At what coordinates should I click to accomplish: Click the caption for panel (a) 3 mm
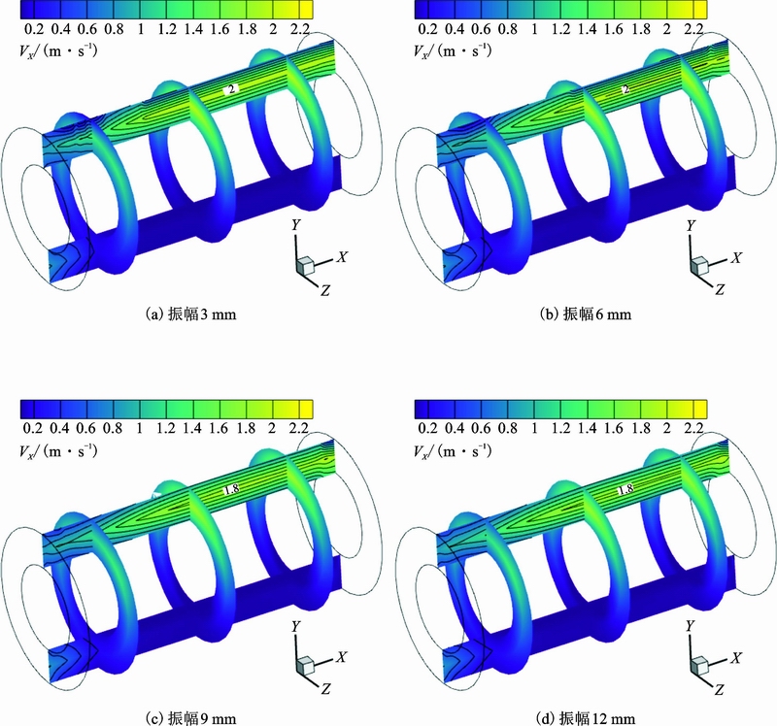(x=190, y=313)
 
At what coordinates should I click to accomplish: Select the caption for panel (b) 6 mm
(x=586, y=313)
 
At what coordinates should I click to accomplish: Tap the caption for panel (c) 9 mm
(x=190, y=718)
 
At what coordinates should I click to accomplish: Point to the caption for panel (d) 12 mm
(x=586, y=718)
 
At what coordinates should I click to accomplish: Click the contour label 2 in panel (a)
(x=231, y=89)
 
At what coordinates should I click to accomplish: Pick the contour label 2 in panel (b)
(x=626, y=89)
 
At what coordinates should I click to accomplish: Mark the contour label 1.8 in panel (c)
(x=232, y=489)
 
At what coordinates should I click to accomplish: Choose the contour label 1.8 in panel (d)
(x=625, y=489)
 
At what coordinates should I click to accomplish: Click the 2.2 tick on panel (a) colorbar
(x=299, y=29)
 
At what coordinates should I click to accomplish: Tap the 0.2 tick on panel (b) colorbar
(x=427, y=29)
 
